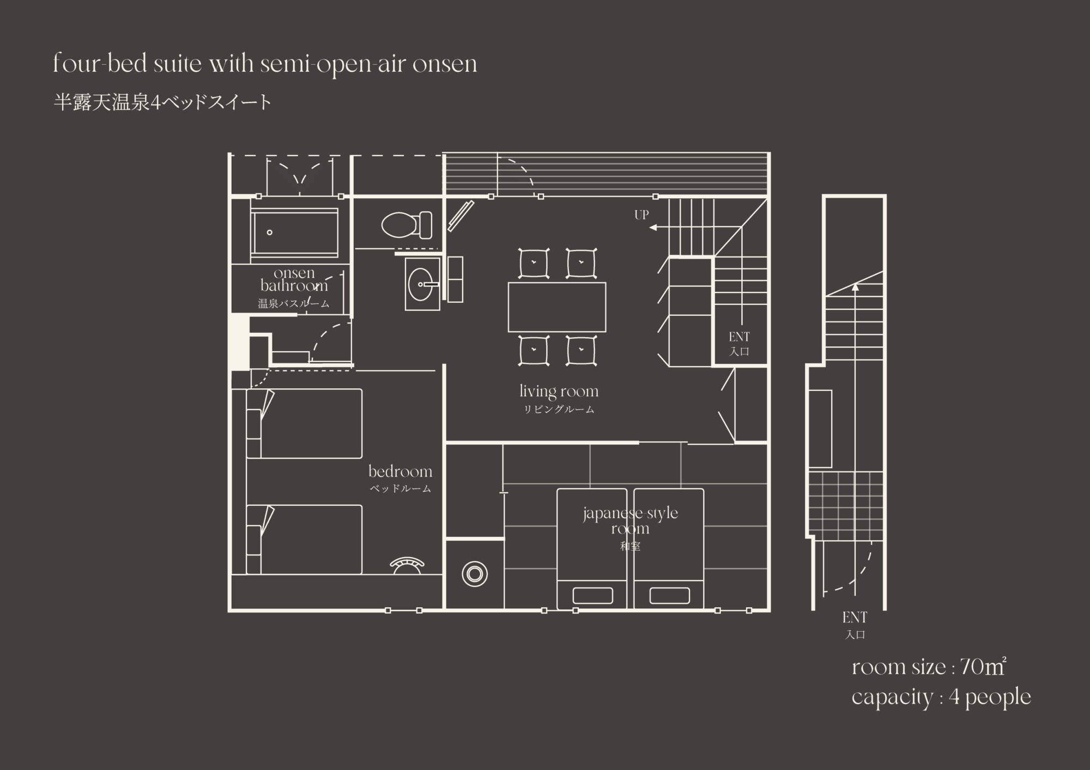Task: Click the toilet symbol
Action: tap(407, 225)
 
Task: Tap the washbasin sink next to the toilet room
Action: tap(422, 284)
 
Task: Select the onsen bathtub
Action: tap(294, 233)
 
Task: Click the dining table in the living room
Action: tap(557, 307)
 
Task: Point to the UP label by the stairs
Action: tap(641, 215)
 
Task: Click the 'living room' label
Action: tap(559, 392)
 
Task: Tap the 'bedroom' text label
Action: tap(400, 471)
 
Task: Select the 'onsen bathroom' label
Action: tap(294, 279)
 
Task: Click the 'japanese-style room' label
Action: tap(631, 521)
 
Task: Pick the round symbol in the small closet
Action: tap(475, 574)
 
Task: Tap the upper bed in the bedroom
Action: tap(304, 423)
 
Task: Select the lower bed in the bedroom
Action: tap(304, 539)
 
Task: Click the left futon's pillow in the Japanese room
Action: tap(592, 595)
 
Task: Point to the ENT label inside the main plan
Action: tap(739, 337)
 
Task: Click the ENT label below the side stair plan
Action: tap(855, 618)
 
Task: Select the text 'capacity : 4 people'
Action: tap(941, 698)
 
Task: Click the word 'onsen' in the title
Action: tap(445, 65)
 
